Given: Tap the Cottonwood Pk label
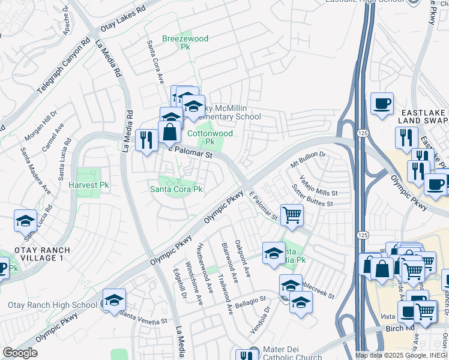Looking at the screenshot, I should click(209, 137).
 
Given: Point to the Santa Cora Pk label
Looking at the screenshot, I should click(176, 189).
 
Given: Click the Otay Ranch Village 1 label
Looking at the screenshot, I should click(37, 254).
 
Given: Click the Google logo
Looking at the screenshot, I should click(20, 353).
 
